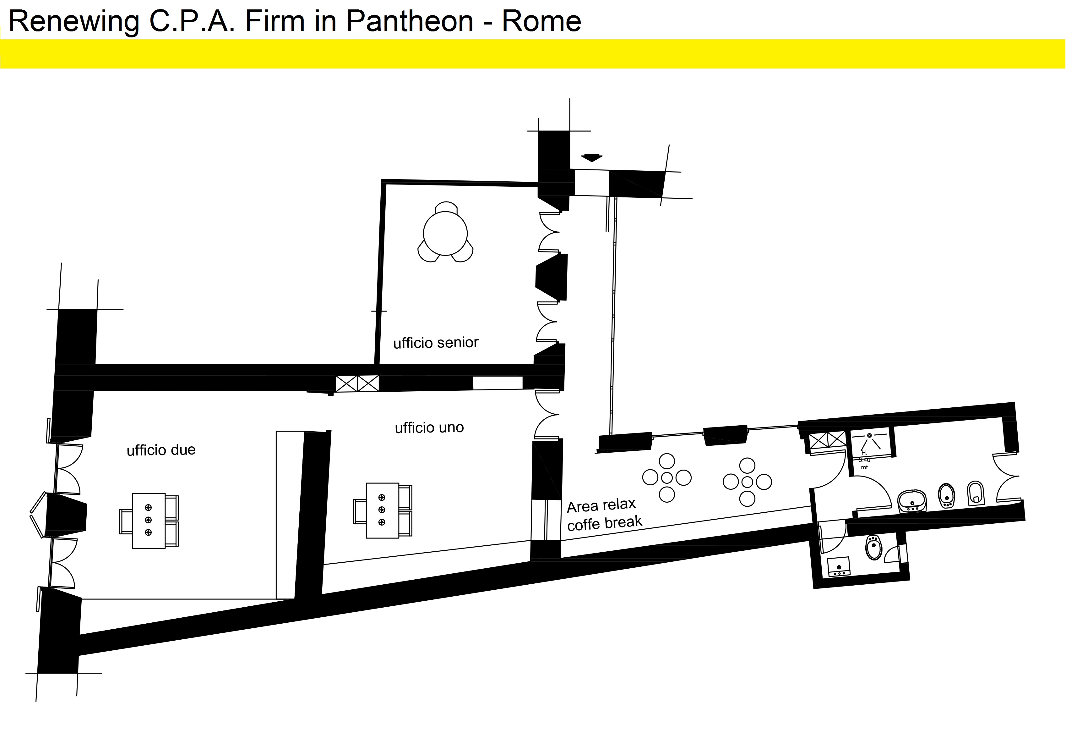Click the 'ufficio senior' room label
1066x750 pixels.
(x=436, y=343)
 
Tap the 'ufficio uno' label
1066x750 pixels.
(x=429, y=427)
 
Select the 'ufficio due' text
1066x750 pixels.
(x=161, y=450)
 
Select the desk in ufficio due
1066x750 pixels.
(x=149, y=521)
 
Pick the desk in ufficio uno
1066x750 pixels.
(x=382, y=510)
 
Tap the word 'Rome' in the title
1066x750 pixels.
(x=541, y=21)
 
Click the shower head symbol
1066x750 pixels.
(x=869, y=435)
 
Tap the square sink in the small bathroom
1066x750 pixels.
(x=839, y=567)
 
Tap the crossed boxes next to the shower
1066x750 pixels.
(x=827, y=439)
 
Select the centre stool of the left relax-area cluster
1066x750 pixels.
(x=667, y=478)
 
